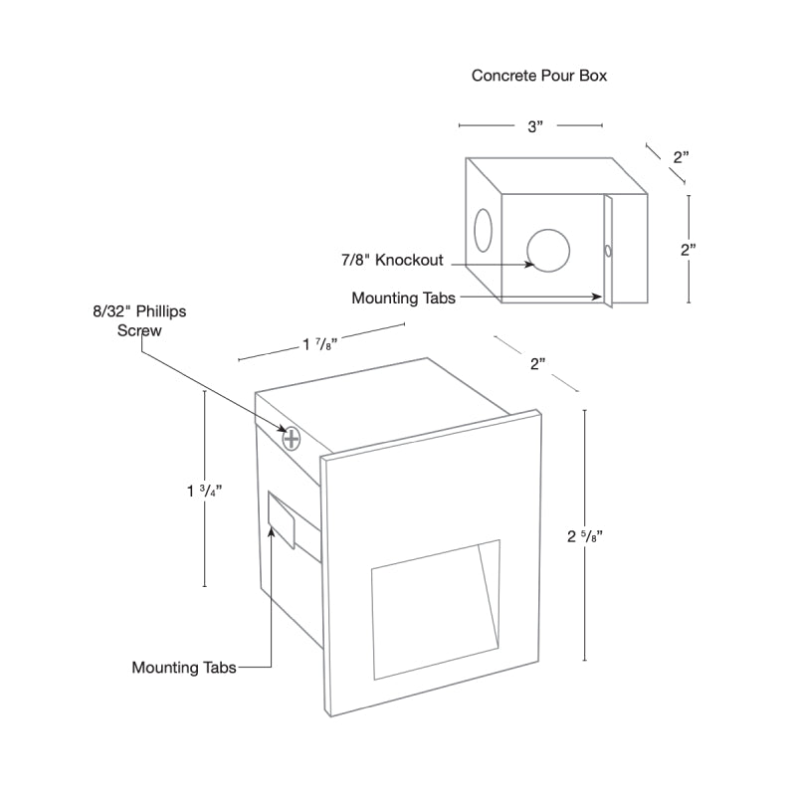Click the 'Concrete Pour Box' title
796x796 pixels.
(x=539, y=76)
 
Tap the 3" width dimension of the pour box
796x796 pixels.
(x=535, y=126)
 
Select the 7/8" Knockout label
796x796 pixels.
(x=392, y=260)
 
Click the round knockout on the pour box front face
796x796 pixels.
(x=548, y=251)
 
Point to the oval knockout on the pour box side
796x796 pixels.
(x=483, y=230)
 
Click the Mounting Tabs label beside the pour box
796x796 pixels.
(x=404, y=298)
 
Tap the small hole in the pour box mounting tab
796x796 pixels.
(x=608, y=251)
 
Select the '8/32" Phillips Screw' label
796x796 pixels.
(x=139, y=320)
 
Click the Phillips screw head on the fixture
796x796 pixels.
(x=292, y=439)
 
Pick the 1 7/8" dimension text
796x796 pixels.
(x=320, y=344)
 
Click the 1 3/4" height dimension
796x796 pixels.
(x=205, y=491)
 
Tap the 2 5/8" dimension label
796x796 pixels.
(x=585, y=536)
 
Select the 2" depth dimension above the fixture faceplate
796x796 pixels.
(x=537, y=364)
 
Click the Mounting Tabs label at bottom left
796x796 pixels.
(x=184, y=667)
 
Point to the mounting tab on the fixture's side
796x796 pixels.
(x=282, y=519)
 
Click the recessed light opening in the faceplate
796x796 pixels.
(x=436, y=609)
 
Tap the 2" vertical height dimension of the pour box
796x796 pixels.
(x=689, y=250)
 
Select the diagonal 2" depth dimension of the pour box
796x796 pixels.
(x=681, y=157)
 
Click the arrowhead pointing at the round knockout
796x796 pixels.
(x=529, y=264)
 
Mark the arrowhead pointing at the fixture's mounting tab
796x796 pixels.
(x=272, y=531)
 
